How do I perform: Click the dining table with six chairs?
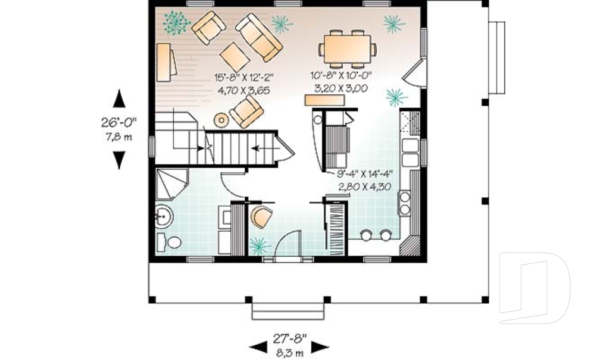[x=346, y=48]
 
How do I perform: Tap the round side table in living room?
[x=221, y=119]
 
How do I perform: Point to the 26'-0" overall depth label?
[x=118, y=122]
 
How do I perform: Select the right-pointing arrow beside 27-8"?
[x=320, y=345]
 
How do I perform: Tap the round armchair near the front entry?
[x=261, y=216]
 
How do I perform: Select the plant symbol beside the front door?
[x=259, y=244]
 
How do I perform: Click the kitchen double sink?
[x=410, y=153]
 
